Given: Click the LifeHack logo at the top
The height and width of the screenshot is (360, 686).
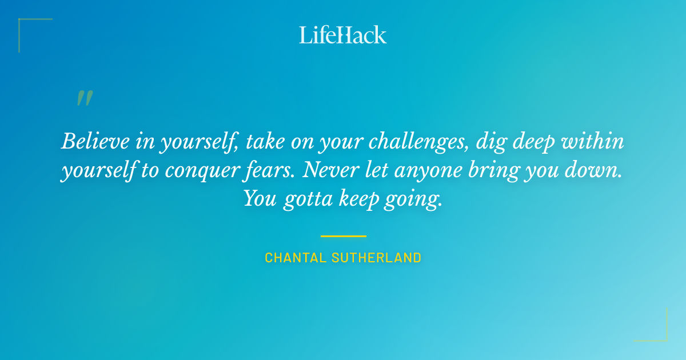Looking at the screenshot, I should pos(343,35).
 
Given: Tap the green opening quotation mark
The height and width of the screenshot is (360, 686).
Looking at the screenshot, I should pos(84,98).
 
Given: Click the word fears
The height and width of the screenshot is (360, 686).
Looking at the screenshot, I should pos(271,171).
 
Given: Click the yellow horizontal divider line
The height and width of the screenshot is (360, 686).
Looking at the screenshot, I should pos(343,236).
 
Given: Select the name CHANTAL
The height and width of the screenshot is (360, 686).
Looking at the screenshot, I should pos(296,258).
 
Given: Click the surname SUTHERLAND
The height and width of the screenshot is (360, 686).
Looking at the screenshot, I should pos(377,258).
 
